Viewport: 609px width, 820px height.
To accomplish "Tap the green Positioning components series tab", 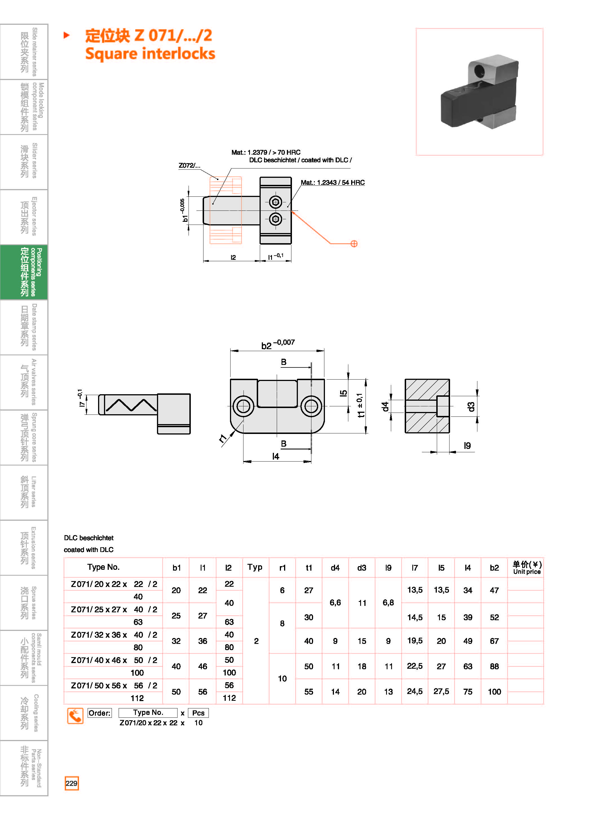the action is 24,272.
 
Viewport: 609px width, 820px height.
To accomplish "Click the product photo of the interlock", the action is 479,92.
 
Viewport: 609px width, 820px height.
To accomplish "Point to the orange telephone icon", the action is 75,716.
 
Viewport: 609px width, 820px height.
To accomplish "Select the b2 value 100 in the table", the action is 494,692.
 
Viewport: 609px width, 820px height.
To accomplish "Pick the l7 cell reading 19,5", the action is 415,641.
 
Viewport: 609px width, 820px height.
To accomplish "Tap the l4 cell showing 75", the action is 468,692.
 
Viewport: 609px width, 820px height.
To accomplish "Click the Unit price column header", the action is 527,568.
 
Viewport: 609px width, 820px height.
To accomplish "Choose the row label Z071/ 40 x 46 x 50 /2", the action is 114,660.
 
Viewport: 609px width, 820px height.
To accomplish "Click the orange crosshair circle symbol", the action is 354,243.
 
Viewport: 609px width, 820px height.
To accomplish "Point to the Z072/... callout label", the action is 189,165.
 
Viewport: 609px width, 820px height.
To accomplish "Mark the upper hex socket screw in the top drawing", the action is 275,202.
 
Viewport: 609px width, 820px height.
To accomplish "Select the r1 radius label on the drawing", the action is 223,438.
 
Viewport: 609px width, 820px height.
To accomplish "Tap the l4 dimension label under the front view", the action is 275,456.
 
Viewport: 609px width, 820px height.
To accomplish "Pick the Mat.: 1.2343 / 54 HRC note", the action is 333,182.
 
